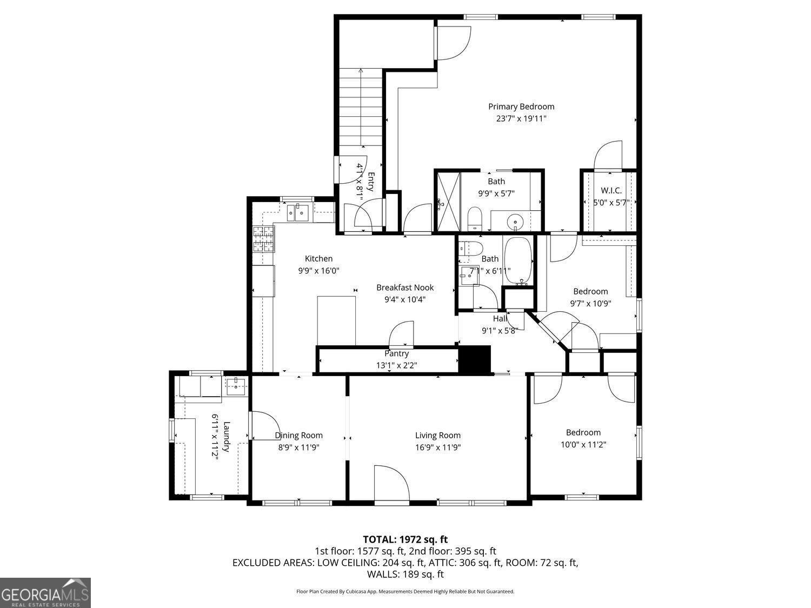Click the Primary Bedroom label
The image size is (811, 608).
click(521, 107)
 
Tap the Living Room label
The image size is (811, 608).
click(437, 435)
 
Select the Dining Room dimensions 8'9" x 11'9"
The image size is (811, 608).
click(298, 447)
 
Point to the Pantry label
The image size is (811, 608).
click(396, 353)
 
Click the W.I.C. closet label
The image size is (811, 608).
click(611, 191)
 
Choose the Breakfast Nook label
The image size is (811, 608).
click(405, 288)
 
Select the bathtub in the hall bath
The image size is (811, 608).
click(518, 260)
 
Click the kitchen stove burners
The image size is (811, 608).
click(263, 239)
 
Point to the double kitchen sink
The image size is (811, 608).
click(297, 213)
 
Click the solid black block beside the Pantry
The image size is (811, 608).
click(474, 359)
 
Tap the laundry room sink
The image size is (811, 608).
click(236, 385)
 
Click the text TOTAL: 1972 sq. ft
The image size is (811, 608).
click(405, 539)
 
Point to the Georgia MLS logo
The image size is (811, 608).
click(45, 593)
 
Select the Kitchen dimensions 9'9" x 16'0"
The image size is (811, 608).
click(318, 271)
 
